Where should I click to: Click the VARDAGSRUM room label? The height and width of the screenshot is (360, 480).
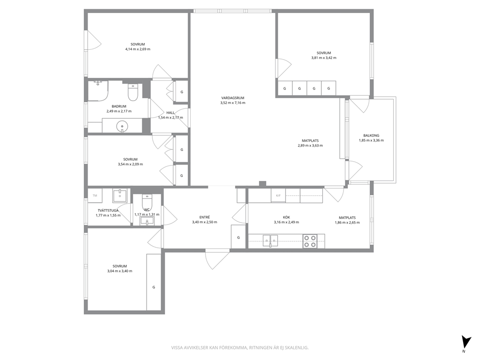[233, 98]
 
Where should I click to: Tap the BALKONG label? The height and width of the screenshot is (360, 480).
[371, 135]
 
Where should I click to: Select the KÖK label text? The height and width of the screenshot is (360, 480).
[286, 217]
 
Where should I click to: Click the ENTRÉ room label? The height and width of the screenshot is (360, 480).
[205, 217]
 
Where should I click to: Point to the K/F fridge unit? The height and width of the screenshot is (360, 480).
[278, 195]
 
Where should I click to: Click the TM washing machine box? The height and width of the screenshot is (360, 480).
[95, 195]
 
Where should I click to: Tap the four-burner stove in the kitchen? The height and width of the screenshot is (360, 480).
[310, 241]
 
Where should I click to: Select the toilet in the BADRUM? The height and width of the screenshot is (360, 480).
[133, 92]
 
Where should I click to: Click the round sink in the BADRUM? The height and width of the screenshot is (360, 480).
[122, 126]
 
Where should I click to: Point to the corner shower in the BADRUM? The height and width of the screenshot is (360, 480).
[98, 90]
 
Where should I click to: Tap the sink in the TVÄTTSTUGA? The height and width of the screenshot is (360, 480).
[120, 195]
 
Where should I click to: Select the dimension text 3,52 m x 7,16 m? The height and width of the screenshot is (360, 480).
[233, 103]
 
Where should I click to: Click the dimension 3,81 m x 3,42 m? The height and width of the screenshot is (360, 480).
[324, 58]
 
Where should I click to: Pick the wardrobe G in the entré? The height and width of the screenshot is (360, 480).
[239, 237]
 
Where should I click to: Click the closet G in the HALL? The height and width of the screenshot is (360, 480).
[181, 91]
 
